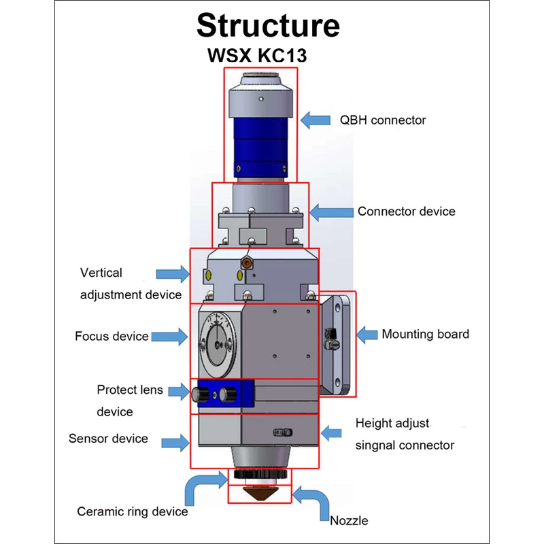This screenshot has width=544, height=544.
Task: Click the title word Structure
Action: point(268,26)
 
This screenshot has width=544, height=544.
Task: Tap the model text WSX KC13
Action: point(257,55)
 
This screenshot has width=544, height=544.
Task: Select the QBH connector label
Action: point(383,120)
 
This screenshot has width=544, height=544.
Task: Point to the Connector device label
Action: point(407,211)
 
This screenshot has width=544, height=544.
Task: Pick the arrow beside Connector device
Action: point(331,211)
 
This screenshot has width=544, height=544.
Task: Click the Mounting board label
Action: point(425,334)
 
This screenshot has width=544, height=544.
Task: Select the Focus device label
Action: point(112,336)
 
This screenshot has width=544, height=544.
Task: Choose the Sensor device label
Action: point(108,439)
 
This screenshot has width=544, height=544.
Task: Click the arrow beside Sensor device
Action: point(175,443)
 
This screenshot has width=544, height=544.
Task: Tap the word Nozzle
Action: point(349,521)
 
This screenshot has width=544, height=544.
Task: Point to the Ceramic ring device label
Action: point(133,511)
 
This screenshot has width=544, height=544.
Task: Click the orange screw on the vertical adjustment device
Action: point(248,261)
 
